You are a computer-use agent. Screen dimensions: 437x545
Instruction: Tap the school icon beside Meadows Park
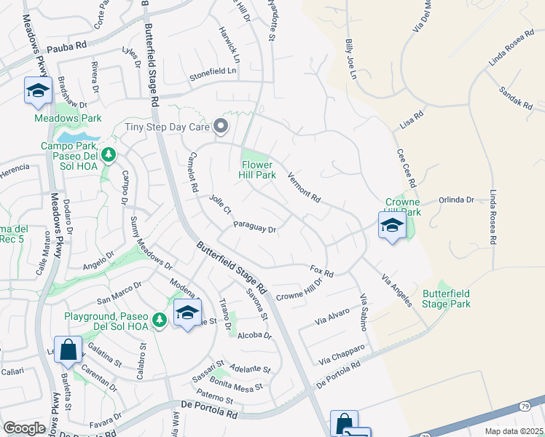tap(37, 90)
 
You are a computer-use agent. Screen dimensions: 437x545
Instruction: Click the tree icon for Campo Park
tap(108, 154)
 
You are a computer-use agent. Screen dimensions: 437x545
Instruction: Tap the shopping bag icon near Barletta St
tap(68, 350)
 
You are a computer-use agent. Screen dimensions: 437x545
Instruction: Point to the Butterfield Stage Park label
tap(446, 299)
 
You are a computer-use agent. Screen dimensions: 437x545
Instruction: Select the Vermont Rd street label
tap(304, 187)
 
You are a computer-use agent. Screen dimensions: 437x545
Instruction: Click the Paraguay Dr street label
tap(254, 228)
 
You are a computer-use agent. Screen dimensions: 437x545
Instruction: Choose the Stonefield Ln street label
tap(213, 71)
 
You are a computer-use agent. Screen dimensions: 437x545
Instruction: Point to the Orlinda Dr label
tap(456, 199)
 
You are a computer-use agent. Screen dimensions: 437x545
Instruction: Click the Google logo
tap(24, 428)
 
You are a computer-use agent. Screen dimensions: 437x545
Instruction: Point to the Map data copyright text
tap(513, 431)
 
